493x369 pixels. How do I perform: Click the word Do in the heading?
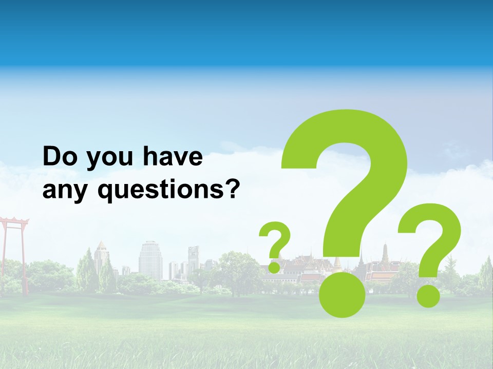pyautogui.click(x=60, y=157)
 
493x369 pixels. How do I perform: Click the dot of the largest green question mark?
pyautogui.click(x=342, y=294)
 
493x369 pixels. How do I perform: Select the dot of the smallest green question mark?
pyautogui.click(x=275, y=267)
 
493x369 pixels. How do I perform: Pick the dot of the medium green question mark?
pyautogui.click(x=428, y=296)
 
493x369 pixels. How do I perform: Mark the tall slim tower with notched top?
pyautogui.click(x=193, y=259)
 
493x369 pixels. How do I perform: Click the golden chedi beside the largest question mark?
pyautogui.click(x=337, y=263)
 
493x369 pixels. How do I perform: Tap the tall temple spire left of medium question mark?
pyautogui.click(x=385, y=254)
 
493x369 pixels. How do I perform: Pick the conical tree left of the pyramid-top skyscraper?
pyautogui.click(x=85, y=269)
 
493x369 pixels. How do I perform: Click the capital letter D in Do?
pyautogui.click(x=51, y=157)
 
